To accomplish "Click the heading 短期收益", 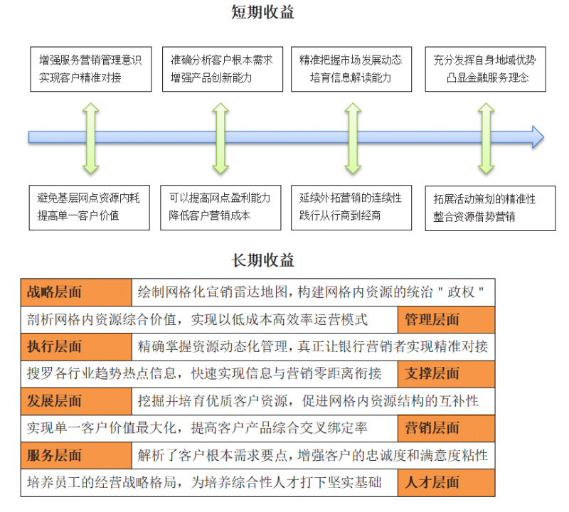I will click(x=262, y=12).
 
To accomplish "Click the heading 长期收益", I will click(x=262, y=260).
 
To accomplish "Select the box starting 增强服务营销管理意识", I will click(x=90, y=69).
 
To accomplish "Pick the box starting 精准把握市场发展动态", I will click(x=351, y=69).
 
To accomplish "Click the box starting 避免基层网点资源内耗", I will click(x=90, y=207).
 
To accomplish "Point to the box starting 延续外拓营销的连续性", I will click(x=351, y=207).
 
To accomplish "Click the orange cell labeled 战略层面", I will click(x=77, y=292).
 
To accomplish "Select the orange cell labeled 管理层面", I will click(x=446, y=319).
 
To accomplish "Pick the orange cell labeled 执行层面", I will click(x=77, y=347).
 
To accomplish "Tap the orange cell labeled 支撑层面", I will click(x=446, y=373).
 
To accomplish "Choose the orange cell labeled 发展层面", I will click(x=77, y=401).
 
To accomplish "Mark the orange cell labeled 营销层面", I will click(x=446, y=428).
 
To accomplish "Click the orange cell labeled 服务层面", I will click(x=77, y=455).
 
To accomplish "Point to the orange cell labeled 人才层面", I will click(x=446, y=483).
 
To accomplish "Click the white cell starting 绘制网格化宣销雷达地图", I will click(x=313, y=292).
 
